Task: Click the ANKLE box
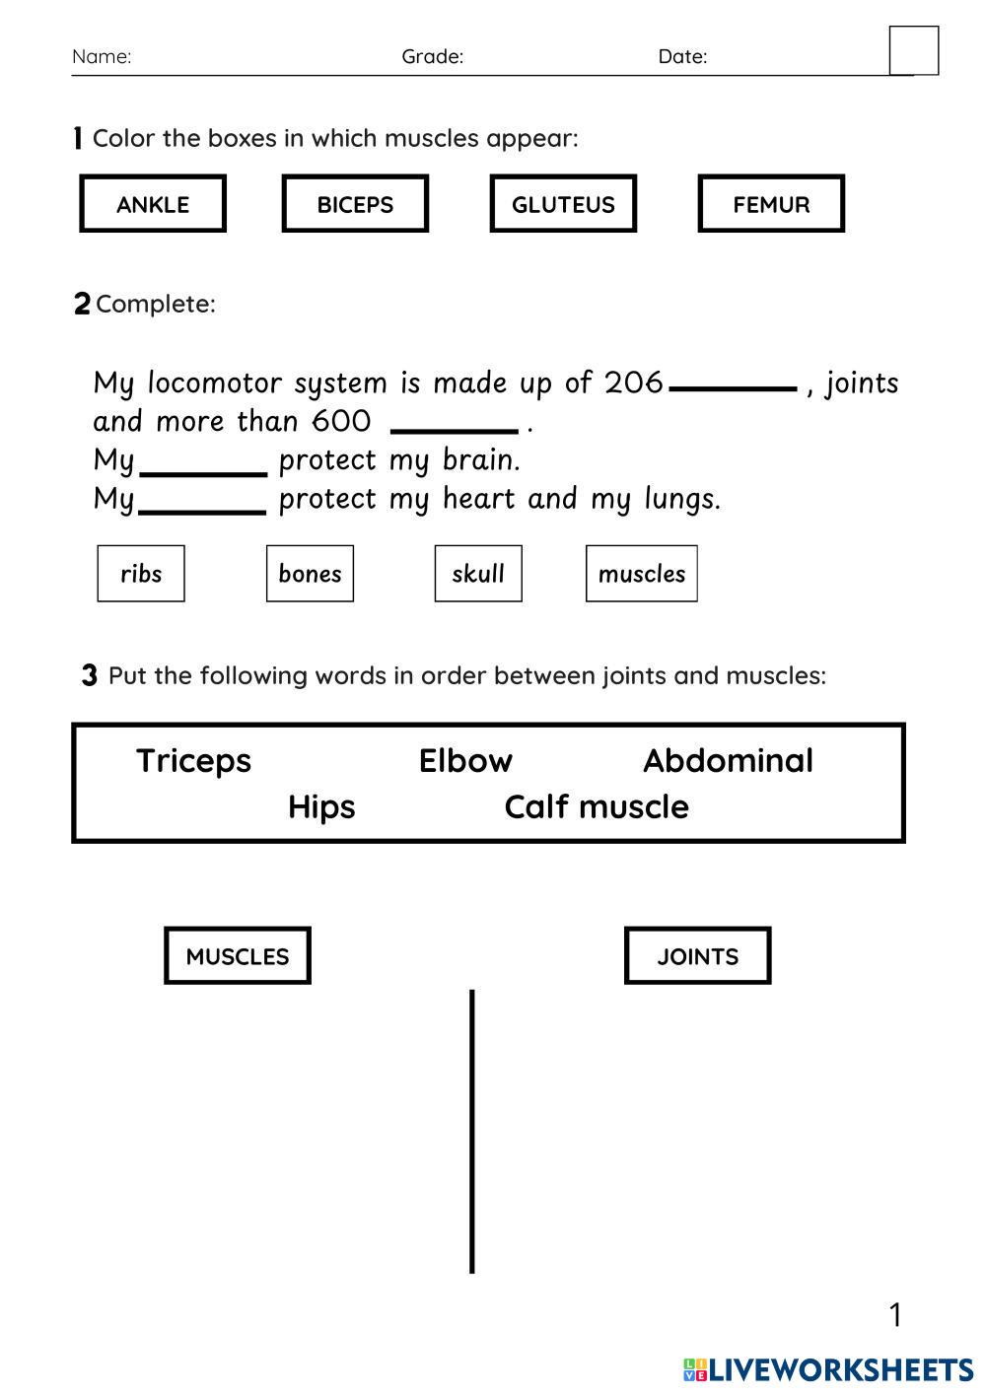pyautogui.click(x=153, y=204)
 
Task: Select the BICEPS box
pyautogui.click(x=355, y=204)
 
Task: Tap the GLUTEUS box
pyautogui.click(x=563, y=204)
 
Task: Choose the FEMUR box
pyautogui.click(x=771, y=204)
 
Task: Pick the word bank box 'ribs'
pyautogui.click(x=141, y=574)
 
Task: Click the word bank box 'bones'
pyautogui.click(x=310, y=574)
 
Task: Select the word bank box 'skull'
pyautogui.click(x=478, y=574)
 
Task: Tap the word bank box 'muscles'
pyautogui.click(x=641, y=574)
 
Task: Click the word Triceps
pyautogui.click(x=193, y=761)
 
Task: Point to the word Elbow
pyautogui.click(x=465, y=761)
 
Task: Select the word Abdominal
pyautogui.click(x=728, y=761)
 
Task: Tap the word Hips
pyautogui.click(x=321, y=807)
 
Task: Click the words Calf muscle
pyautogui.click(x=597, y=807)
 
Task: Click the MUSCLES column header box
pyautogui.click(x=238, y=956)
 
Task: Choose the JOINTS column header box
pyautogui.click(x=697, y=956)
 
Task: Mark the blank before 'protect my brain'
pyautogui.click(x=203, y=472)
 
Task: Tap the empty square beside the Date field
pyautogui.click(x=914, y=50)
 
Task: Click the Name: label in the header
pyautogui.click(x=102, y=56)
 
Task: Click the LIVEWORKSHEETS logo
pyautogui.click(x=828, y=1369)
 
